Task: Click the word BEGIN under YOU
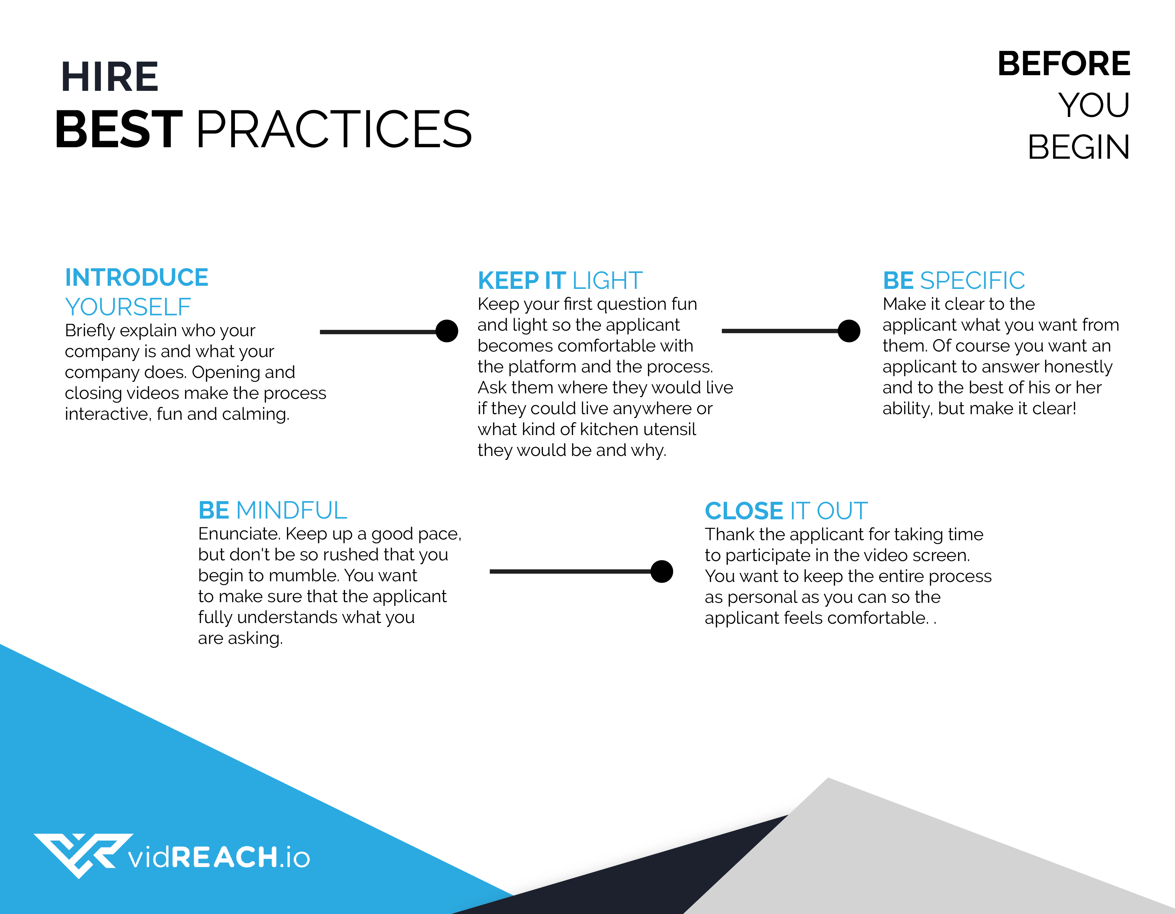pyautogui.click(x=1078, y=147)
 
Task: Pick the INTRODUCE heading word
pyautogui.click(x=137, y=278)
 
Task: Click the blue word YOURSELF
pyautogui.click(x=128, y=307)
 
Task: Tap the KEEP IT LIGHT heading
pyautogui.click(x=560, y=280)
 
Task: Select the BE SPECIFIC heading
pyautogui.click(x=954, y=280)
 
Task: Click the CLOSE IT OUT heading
pyautogui.click(x=786, y=511)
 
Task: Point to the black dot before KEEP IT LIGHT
pyautogui.click(x=447, y=331)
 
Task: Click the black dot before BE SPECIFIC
pyautogui.click(x=849, y=331)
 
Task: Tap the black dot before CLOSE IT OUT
pyautogui.click(x=662, y=571)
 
